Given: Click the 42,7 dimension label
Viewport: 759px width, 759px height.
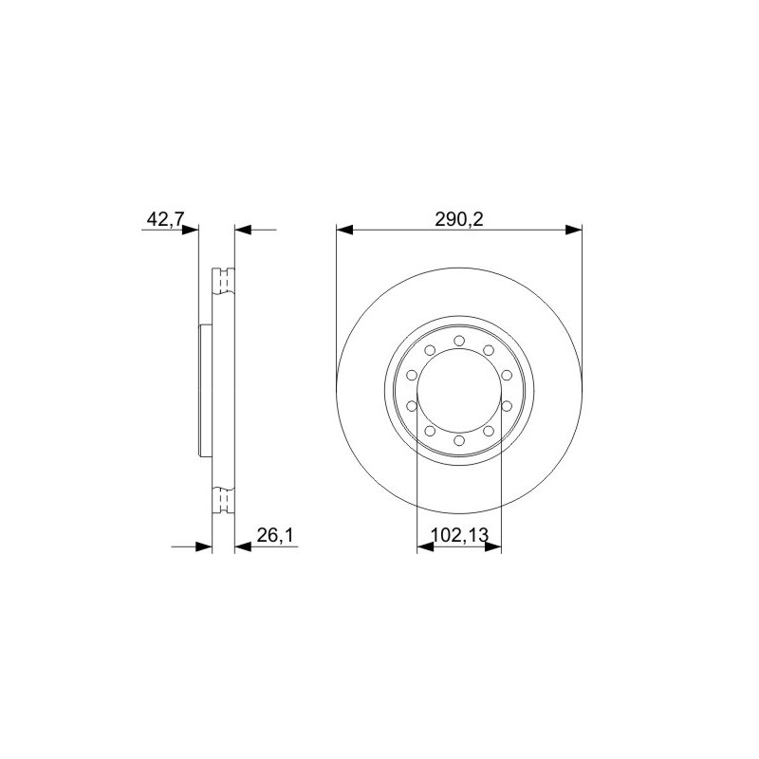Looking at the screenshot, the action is [164, 219].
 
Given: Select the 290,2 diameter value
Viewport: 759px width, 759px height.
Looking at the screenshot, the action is [459, 219].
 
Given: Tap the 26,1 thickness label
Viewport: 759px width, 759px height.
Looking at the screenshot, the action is [274, 535].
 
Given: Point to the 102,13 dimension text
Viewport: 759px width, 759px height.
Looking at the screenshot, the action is [459, 535].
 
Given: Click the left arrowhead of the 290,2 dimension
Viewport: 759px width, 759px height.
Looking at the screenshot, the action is [344, 230].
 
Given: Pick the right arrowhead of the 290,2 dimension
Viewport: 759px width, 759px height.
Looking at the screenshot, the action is [574, 230].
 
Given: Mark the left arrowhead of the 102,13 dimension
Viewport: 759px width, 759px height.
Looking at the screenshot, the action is [425, 547].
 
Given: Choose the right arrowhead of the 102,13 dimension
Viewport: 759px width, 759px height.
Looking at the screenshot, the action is [492, 547].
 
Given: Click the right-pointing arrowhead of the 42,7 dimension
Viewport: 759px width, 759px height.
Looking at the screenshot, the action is [191, 230].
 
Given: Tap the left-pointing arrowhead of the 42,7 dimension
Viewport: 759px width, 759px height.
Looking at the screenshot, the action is [243, 230].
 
